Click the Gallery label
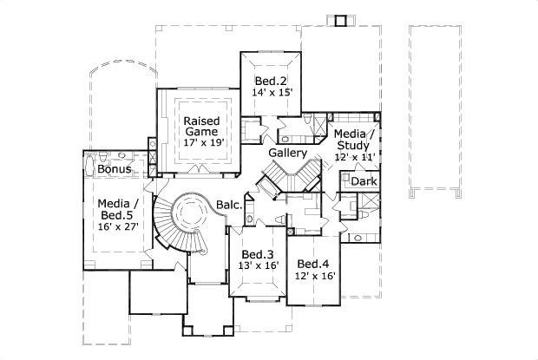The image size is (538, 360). pyautogui.click(x=287, y=153)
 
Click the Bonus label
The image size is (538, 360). pyautogui.click(x=114, y=169)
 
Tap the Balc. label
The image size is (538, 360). pyautogui.click(x=229, y=206)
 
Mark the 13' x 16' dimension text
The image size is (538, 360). pyautogui.click(x=259, y=265)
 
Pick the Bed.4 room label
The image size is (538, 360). pyautogui.click(x=313, y=264)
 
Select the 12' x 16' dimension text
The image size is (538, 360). pyautogui.click(x=313, y=276)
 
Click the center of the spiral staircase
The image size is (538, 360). pyautogui.click(x=186, y=210)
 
